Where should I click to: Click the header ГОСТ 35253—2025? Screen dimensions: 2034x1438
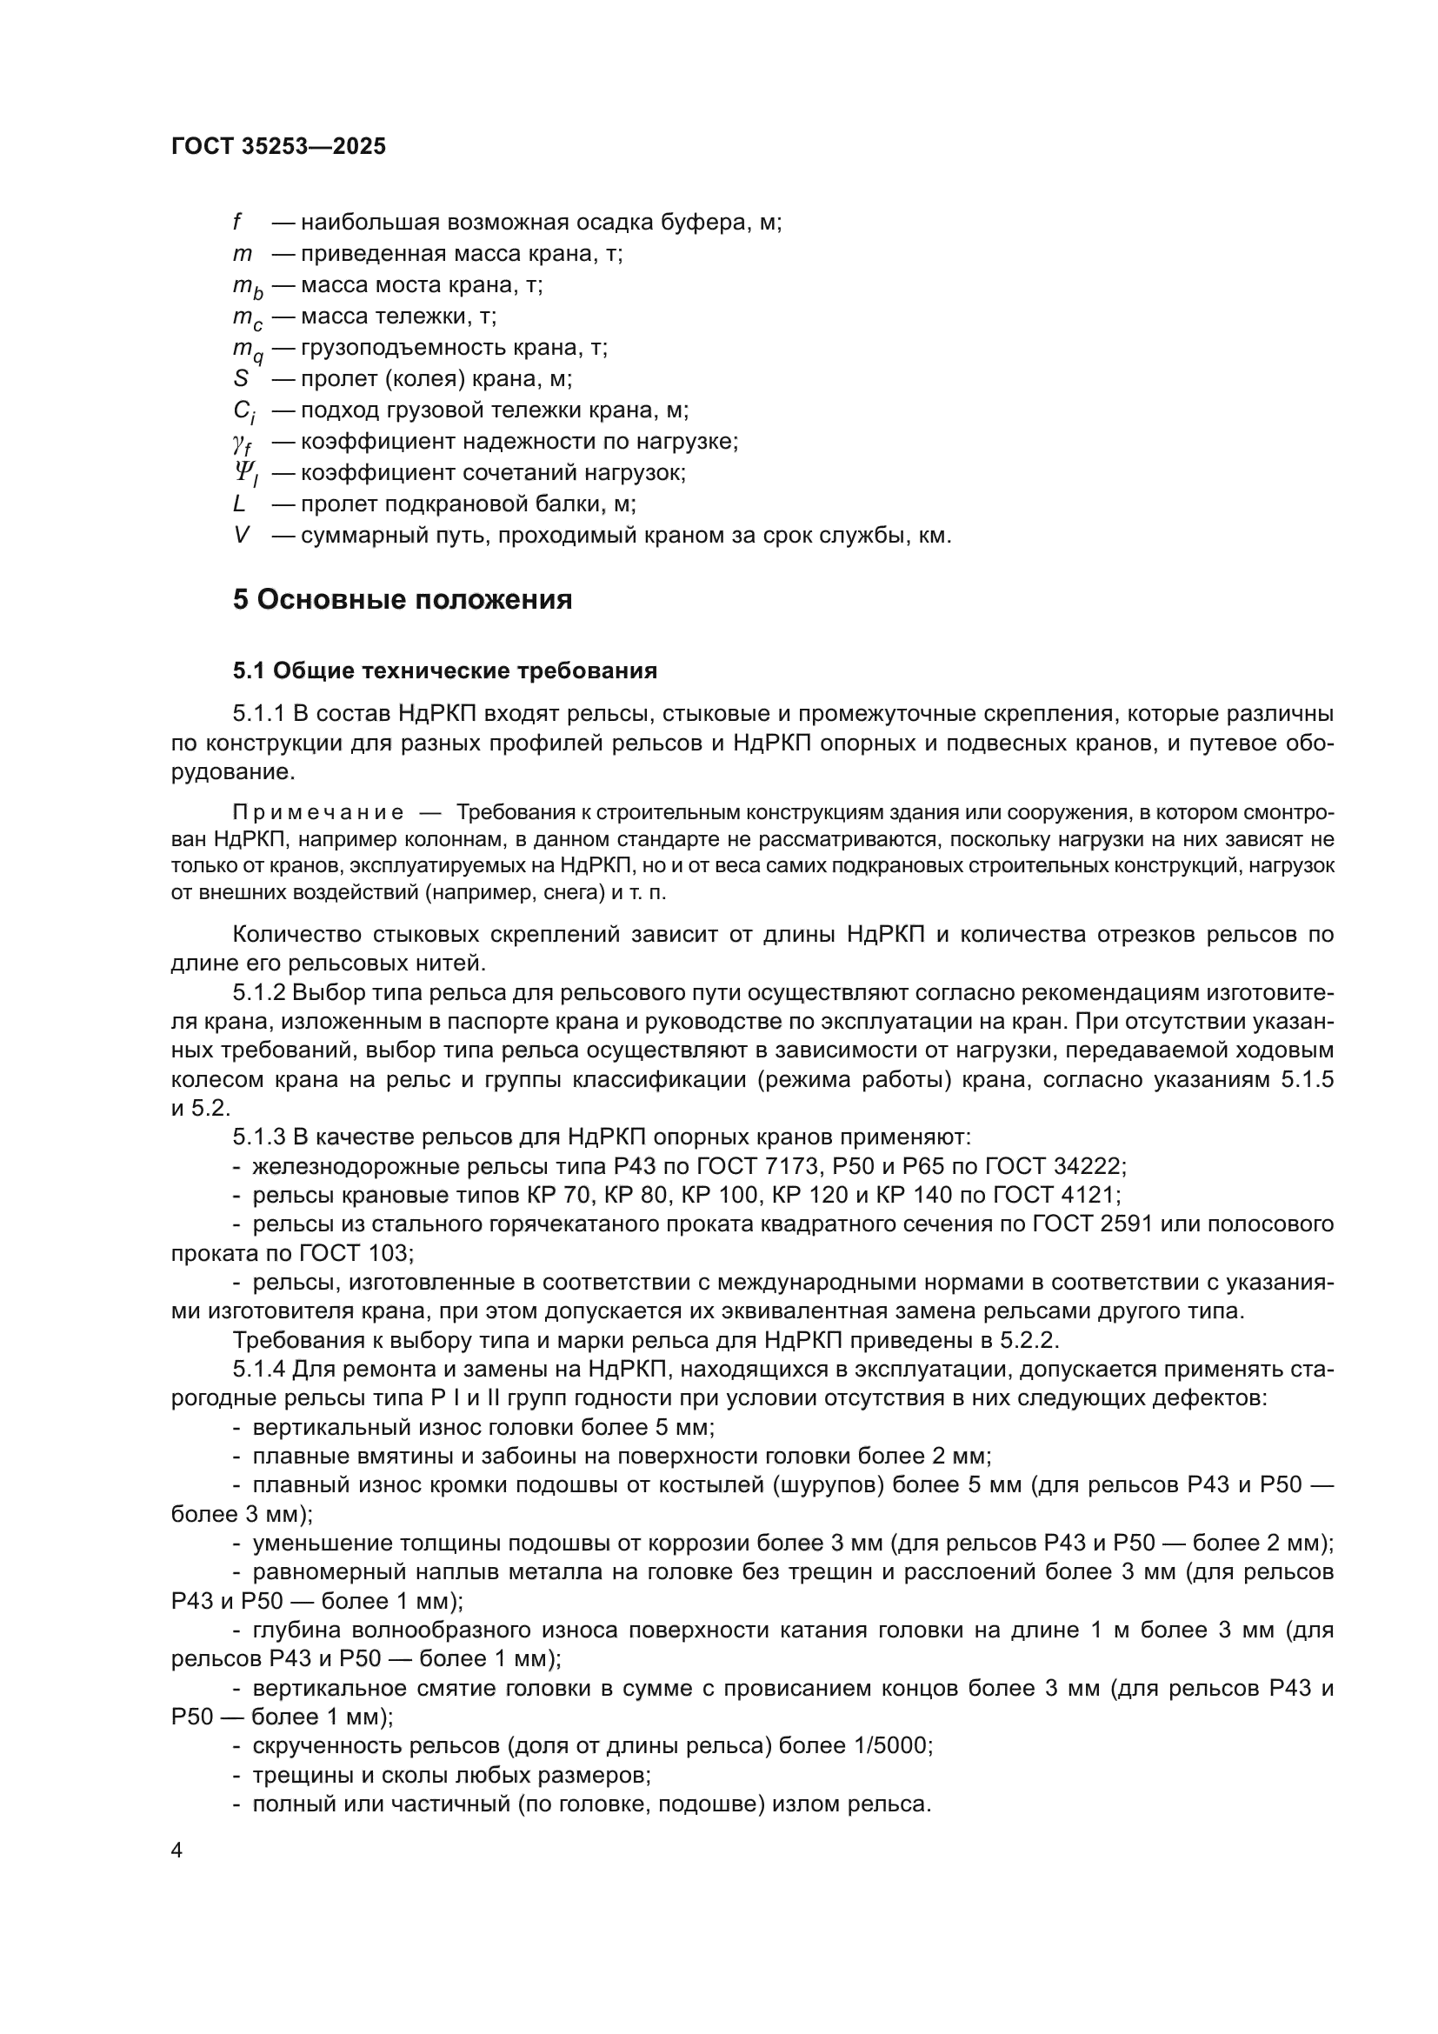(278, 147)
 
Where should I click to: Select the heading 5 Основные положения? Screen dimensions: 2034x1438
(402, 600)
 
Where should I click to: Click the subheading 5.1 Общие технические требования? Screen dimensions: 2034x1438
(444, 670)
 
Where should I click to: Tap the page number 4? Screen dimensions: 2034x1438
(177, 1851)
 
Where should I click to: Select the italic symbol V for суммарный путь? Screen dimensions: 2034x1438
(241, 535)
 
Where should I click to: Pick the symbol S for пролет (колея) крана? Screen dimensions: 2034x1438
(241, 379)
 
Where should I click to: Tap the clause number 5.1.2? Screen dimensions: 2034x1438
(259, 992)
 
